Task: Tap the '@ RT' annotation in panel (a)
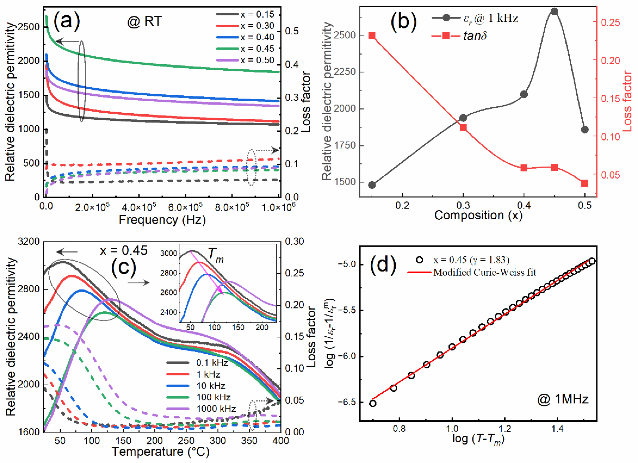click(x=144, y=21)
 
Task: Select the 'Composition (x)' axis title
click(x=478, y=215)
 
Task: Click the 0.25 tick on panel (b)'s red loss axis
click(x=610, y=22)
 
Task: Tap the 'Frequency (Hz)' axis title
click(x=162, y=220)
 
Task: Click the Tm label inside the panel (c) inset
click(x=216, y=255)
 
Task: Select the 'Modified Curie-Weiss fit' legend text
click(x=484, y=272)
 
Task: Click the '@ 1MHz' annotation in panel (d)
click(x=563, y=399)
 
